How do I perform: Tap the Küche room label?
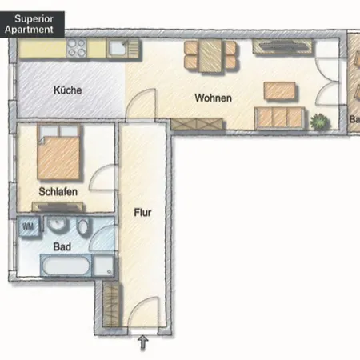coord(68,90)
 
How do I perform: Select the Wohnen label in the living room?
coord(213,98)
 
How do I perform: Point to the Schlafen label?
coord(58,192)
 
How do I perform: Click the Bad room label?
coord(62,247)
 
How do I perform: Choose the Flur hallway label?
coord(143,214)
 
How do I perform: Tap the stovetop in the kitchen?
coord(78,49)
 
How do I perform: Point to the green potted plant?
coord(321,122)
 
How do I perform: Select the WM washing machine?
coord(29,226)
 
